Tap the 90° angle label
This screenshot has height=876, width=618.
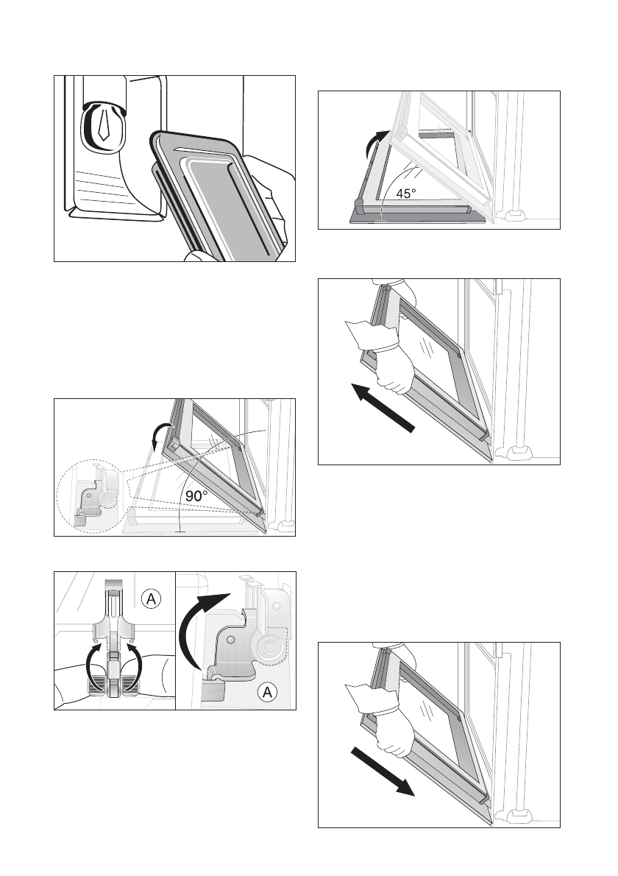197,496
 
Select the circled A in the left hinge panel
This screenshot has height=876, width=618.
151,600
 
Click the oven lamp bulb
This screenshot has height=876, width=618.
102,126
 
